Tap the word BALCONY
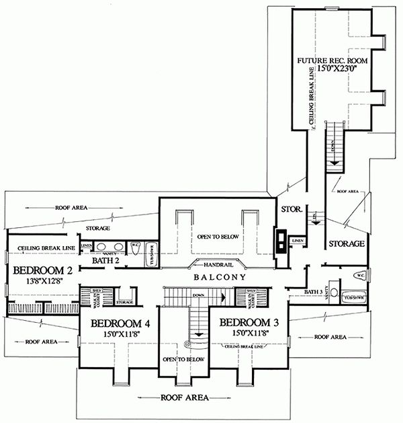point(216,277)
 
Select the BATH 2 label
point(105,260)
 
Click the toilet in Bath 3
point(359,275)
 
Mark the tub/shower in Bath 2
point(151,252)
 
